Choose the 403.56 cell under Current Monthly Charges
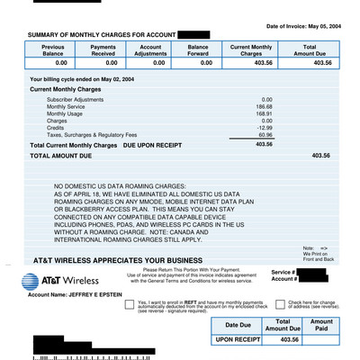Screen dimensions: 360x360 [252, 64]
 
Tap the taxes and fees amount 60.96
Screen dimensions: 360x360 [264, 135]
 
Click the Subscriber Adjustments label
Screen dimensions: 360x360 [76, 99]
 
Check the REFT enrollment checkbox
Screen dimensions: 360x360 [130, 304]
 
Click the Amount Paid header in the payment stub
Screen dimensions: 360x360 [322, 325]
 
